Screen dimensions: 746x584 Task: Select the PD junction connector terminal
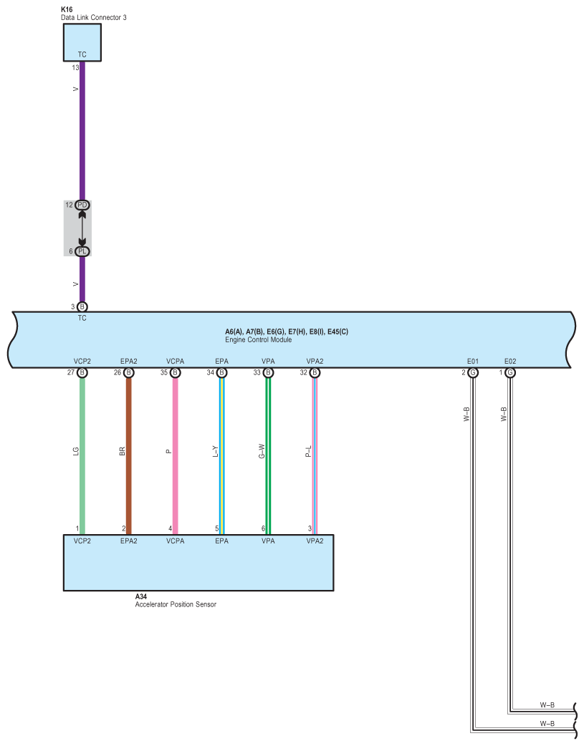[x=82, y=205]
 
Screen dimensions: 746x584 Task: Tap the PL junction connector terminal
[x=82, y=251]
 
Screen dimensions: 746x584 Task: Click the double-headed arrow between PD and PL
[x=82, y=228]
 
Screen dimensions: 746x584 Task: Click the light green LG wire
[x=82, y=487]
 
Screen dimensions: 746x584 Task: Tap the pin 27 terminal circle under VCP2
[x=82, y=372]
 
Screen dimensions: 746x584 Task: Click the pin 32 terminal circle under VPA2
[x=315, y=372]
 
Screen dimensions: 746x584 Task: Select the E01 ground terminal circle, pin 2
[x=473, y=372]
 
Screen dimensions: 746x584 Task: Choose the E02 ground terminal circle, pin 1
[x=510, y=372]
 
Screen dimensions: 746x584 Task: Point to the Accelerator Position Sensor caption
[x=176, y=604]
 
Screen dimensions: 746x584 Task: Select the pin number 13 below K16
[x=76, y=67]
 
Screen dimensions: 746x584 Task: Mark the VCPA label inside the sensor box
[x=176, y=541]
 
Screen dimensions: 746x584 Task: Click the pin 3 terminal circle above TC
[x=82, y=306]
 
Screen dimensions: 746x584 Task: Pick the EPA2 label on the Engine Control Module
[x=129, y=362]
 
